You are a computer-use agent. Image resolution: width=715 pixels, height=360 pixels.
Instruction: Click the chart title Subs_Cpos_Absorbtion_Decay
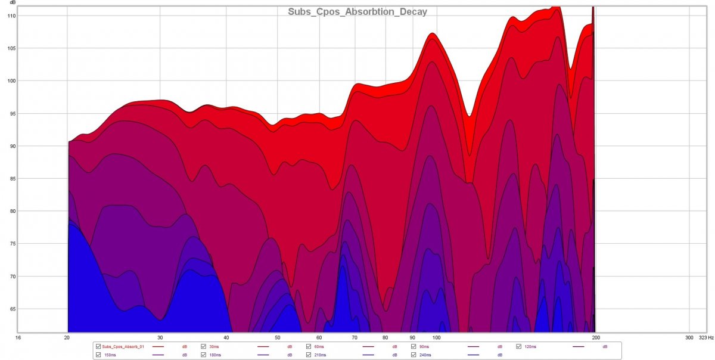coord(357,11)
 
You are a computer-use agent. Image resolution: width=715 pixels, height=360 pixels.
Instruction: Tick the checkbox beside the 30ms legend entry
coord(204,346)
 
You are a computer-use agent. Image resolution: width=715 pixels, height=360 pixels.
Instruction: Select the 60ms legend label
coord(319,346)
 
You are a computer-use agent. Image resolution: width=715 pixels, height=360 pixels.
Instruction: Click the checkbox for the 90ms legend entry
coord(414,346)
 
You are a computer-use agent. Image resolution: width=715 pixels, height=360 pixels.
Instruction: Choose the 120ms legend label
coord(530,346)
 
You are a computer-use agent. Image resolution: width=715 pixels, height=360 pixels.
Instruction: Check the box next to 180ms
coord(204,355)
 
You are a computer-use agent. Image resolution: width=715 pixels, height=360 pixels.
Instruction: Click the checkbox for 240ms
coord(414,355)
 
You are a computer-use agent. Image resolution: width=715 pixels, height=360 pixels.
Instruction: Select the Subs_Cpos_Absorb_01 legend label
coord(123,346)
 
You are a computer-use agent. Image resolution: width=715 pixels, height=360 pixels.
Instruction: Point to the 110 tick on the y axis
coord(11,15)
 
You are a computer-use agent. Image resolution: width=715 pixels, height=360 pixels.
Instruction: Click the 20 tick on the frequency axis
coord(67,337)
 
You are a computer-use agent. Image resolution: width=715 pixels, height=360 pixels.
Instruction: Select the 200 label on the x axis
coord(595,337)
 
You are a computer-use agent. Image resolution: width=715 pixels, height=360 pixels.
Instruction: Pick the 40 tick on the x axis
coord(226,337)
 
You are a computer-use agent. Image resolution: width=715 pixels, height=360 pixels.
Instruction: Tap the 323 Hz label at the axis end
coord(705,337)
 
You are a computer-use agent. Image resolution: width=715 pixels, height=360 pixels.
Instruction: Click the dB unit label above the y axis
coord(12,3)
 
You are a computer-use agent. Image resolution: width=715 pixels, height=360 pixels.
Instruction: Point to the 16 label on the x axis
coord(19,337)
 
